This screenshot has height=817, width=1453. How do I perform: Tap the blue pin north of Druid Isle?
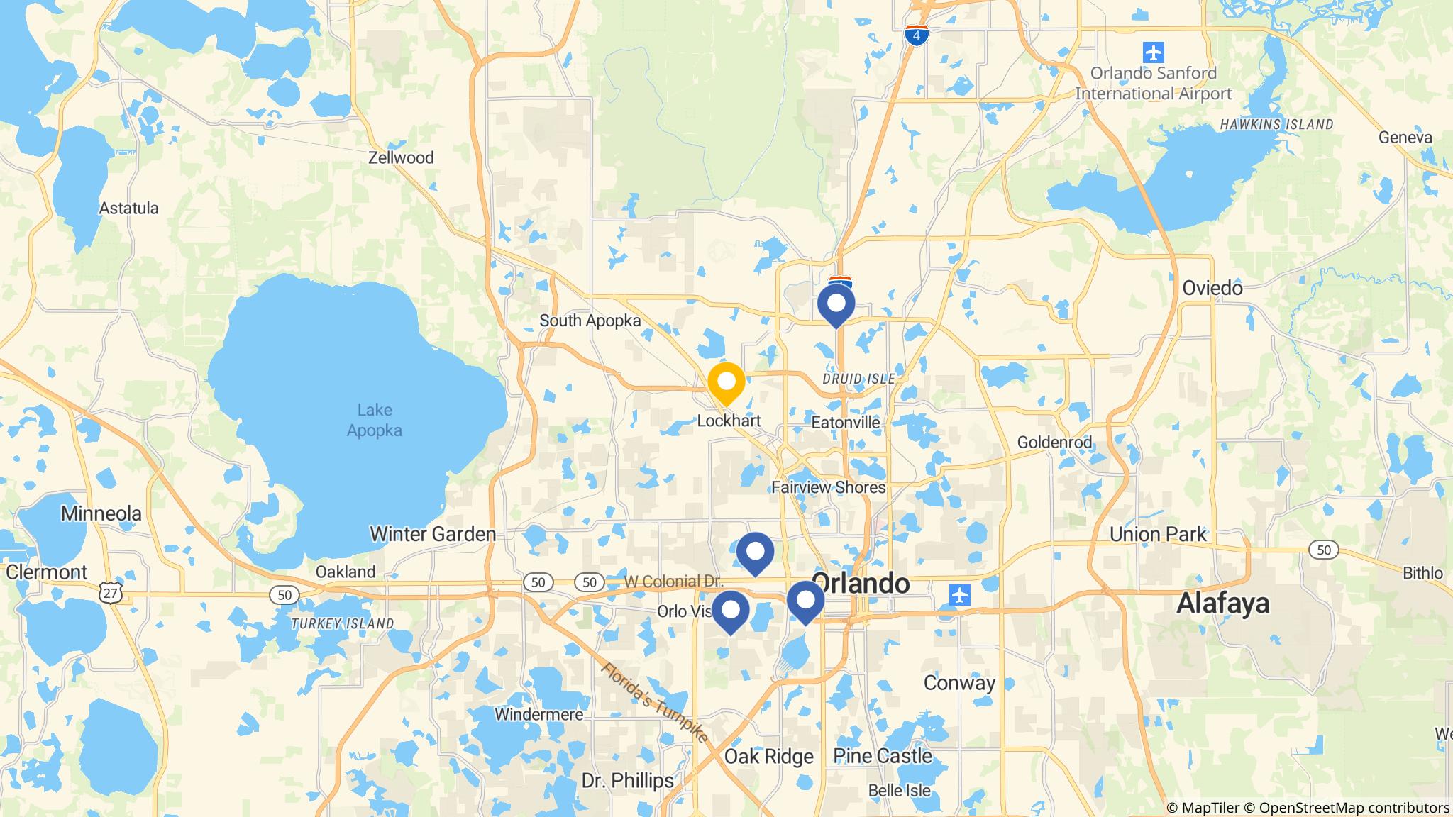pyautogui.click(x=836, y=304)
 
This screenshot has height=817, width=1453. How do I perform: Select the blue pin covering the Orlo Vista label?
pyautogui.click(x=730, y=610)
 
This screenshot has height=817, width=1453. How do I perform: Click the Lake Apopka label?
pyautogui.click(x=374, y=420)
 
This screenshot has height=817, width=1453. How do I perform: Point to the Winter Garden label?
pyautogui.click(x=433, y=534)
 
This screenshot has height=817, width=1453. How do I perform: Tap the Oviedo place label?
pyautogui.click(x=1212, y=288)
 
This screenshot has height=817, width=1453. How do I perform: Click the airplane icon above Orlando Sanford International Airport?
pyautogui.click(x=1154, y=52)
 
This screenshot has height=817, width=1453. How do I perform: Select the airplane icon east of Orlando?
pyautogui.click(x=958, y=594)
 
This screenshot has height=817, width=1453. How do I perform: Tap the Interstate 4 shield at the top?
pyautogui.click(x=917, y=35)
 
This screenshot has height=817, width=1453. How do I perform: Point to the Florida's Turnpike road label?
pyautogui.click(x=656, y=702)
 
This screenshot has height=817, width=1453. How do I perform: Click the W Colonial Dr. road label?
pyautogui.click(x=673, y=582)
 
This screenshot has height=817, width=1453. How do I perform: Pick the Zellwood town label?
pyautogui.click(x=401, y=157)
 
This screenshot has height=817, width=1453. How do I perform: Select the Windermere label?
pyautogui.click(x=539, y=714)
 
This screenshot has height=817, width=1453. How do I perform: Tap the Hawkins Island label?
pyautogui.click(x=1276, y=125)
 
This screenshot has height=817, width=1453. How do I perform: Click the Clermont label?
pyautogui.click(x=47, y=572)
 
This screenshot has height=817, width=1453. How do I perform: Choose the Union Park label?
pyautogui.click(x=1158, y=534)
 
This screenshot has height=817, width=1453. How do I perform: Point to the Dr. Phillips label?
pyautogui.click(x=627, y=781)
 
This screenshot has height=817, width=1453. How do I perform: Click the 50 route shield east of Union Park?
pyautogui.click(x=1322, y=550)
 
